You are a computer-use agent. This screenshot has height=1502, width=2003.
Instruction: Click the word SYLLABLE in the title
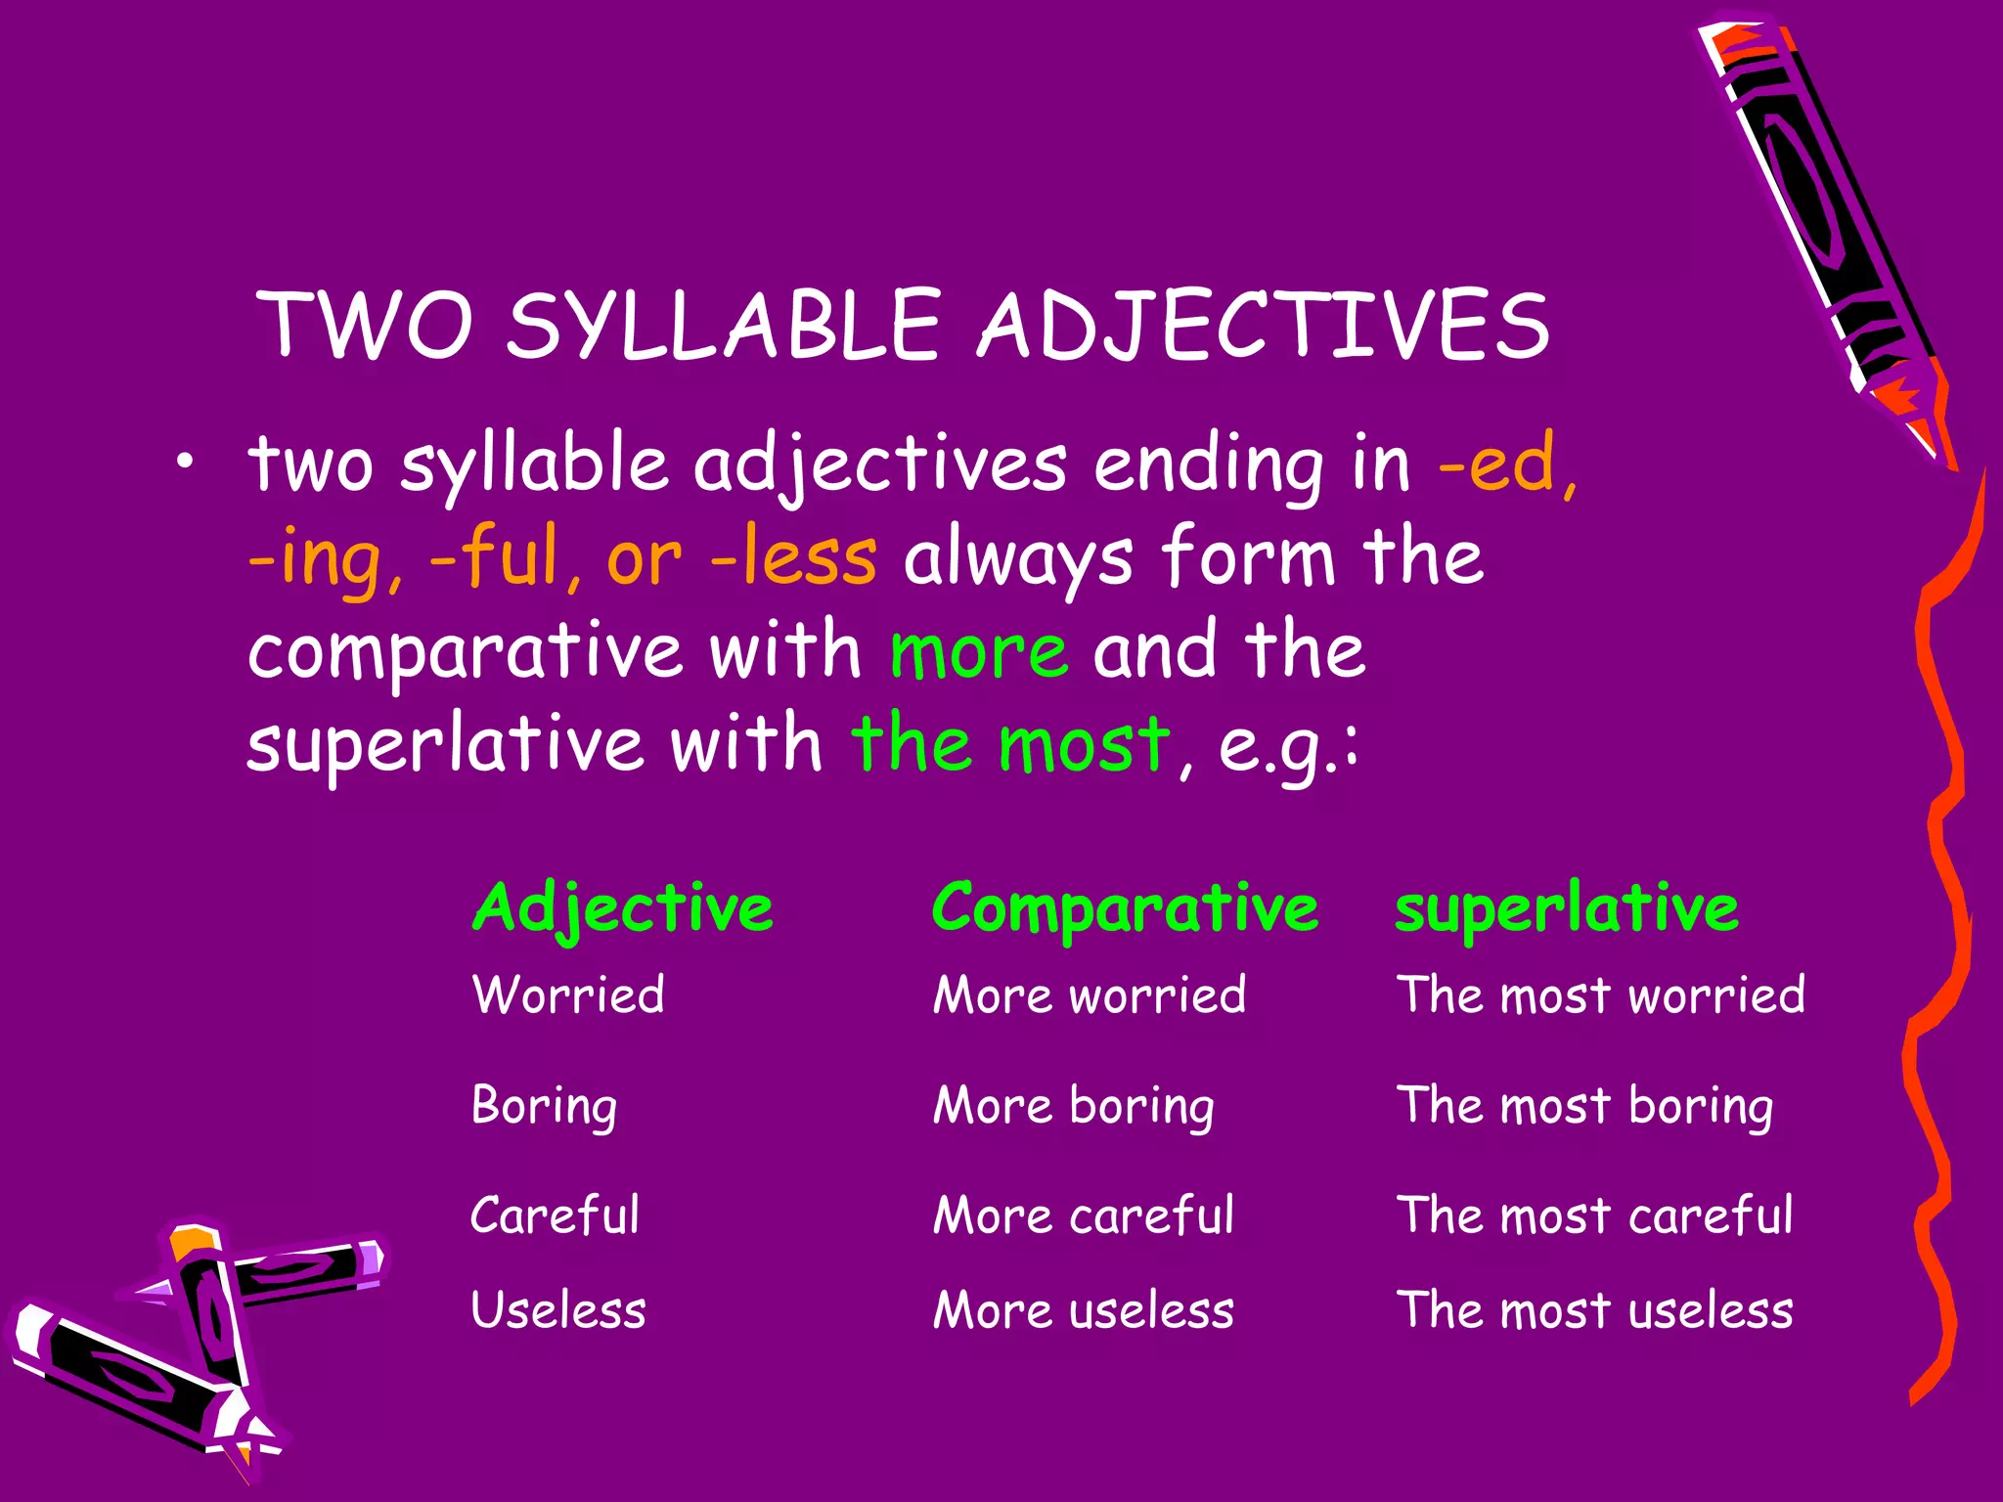coord(724,326)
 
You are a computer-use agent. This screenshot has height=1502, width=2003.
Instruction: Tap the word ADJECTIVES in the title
coord(1264,326)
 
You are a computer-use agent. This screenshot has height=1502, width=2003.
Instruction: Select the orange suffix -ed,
coord(1507,464)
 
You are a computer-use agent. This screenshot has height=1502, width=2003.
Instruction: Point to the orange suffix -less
coord(793,558)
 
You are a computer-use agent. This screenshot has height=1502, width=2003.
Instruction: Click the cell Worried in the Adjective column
coord(568,995)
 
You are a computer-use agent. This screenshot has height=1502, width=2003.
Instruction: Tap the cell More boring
coord(1073,1107)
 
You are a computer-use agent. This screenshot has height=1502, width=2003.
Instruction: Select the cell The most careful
coord(1594,1215)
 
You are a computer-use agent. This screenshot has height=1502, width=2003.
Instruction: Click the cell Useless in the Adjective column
coord(558,1310)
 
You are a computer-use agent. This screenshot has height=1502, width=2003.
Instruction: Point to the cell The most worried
coord(1600,995)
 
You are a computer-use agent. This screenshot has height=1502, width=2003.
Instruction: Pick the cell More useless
coord(1083,1310)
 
